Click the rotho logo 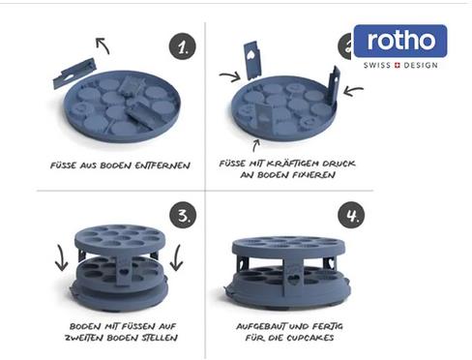[x=400, y=41]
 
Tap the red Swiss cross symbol [x=397, y=65]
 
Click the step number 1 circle [x=183, y=46]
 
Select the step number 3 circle [x=183, y=215]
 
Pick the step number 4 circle [x=351, y=215]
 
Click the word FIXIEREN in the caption [x=313, y=175]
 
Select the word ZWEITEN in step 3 [x=84, y=338]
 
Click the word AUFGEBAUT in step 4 [x=261, y=326]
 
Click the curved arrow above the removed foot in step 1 [x=103, y=45]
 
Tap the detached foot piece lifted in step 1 [x=74, y=73]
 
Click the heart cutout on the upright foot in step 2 [x=251, y=54]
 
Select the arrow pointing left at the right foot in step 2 [x=353, y=91]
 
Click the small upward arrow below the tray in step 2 [x=256, y=145]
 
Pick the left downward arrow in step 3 [x=62, y=257]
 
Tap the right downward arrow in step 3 [x=177, y=257]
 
